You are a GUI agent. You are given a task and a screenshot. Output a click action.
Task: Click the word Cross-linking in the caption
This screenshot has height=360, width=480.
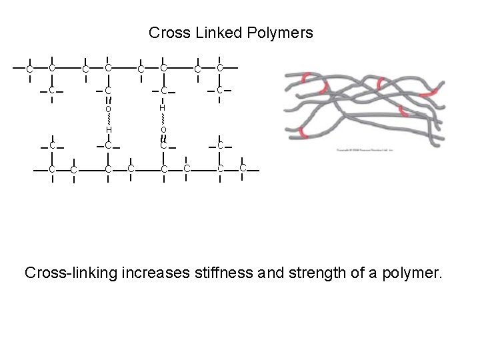[71, 273]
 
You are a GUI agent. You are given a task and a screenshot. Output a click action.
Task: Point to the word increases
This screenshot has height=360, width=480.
[153, 273]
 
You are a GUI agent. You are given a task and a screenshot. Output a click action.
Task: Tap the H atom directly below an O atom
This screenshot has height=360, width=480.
[108, 129]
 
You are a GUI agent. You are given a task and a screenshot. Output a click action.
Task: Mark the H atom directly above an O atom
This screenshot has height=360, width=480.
[163, 107]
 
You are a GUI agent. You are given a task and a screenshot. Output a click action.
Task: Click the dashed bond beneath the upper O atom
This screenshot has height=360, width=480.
[108, 118]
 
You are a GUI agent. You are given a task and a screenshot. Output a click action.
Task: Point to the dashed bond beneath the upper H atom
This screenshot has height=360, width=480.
[163, 118]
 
